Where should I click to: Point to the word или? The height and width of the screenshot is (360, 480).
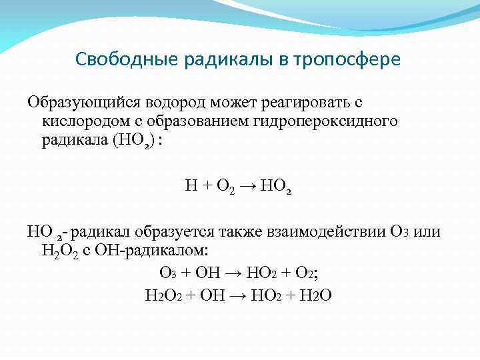coord(427,232)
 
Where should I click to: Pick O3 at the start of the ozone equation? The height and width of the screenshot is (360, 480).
coord(167,273)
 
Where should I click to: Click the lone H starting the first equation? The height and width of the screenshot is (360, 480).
coord(189,188)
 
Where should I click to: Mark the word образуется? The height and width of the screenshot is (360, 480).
coord(171,232)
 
